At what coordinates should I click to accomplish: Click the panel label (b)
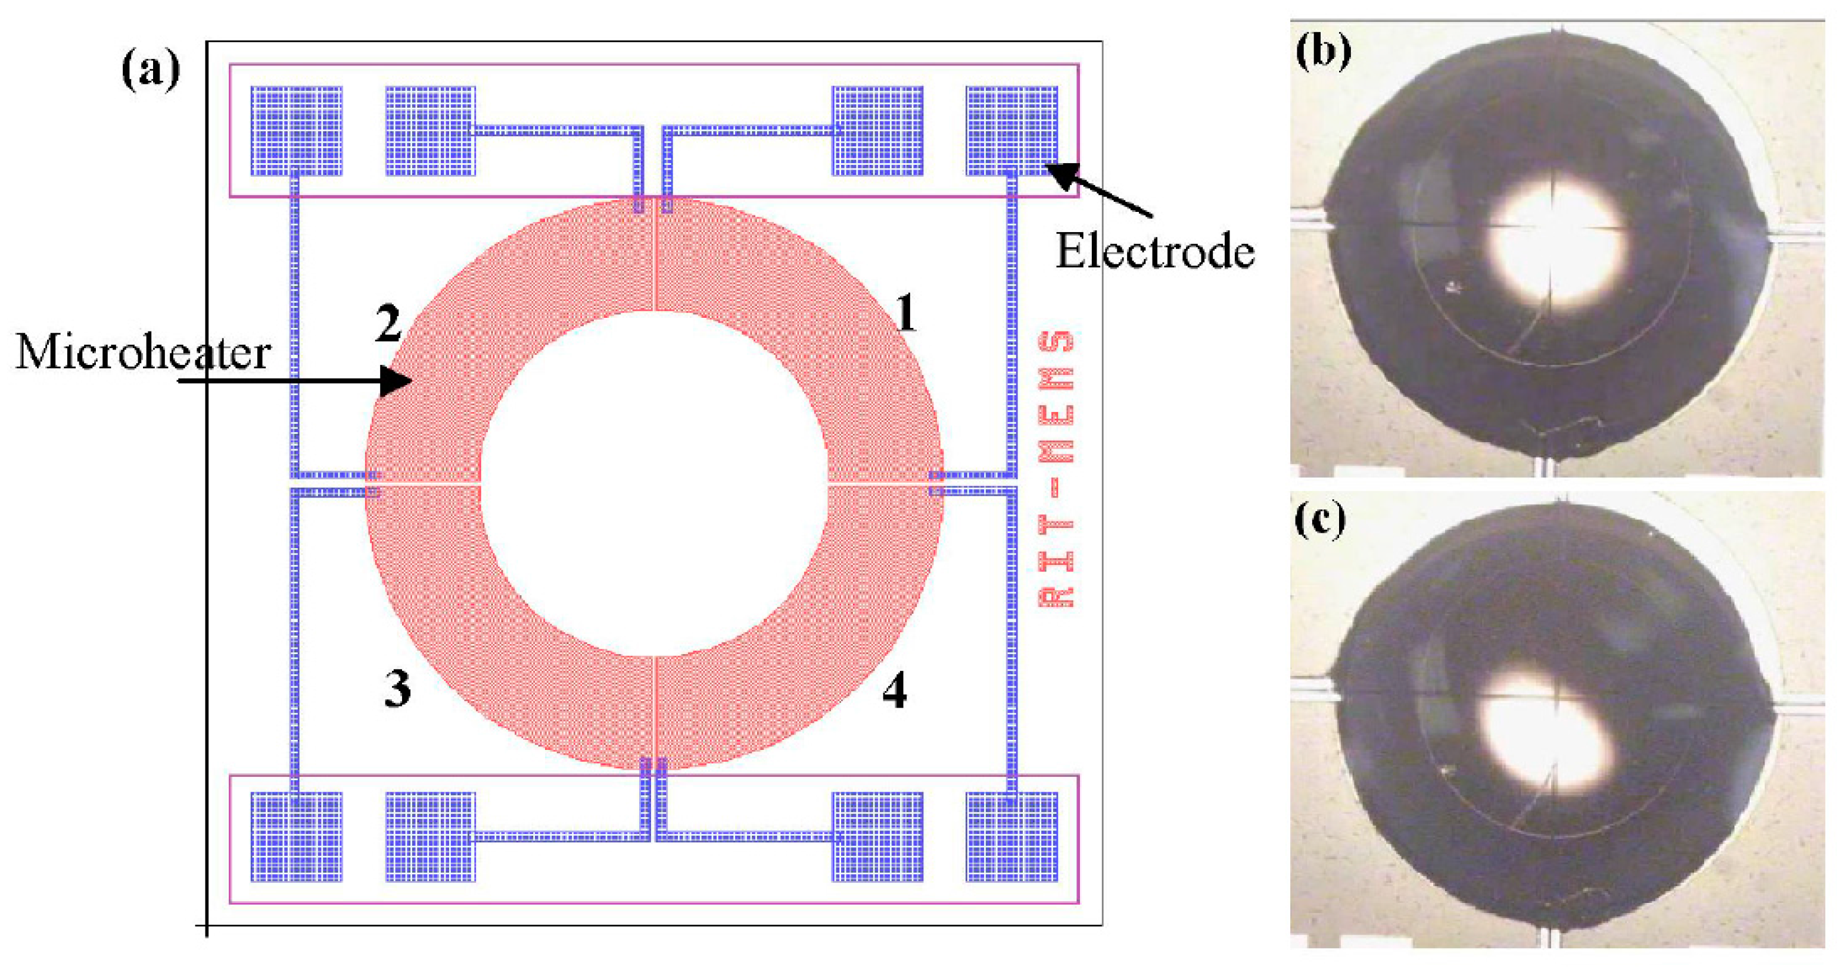(1323, 53)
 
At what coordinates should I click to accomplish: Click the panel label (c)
(1320, 520)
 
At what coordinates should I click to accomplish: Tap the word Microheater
(143, 352)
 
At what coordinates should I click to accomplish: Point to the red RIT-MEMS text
(1056, 469)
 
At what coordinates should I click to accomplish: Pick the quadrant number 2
(388, 323)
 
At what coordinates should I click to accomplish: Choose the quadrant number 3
(398, 689)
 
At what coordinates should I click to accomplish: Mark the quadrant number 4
(894, 692)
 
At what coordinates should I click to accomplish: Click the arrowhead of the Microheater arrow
(397, 380)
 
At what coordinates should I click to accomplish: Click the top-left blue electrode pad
(296, 131)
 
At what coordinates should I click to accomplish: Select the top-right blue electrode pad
(1011, 131)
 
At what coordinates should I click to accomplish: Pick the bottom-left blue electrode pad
(296, 836)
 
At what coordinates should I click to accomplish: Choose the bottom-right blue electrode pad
(1011, 836)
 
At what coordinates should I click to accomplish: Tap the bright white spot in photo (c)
(1545, 737)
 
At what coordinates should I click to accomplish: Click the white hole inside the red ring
(654, 483)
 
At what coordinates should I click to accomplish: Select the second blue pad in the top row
(430, 131)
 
